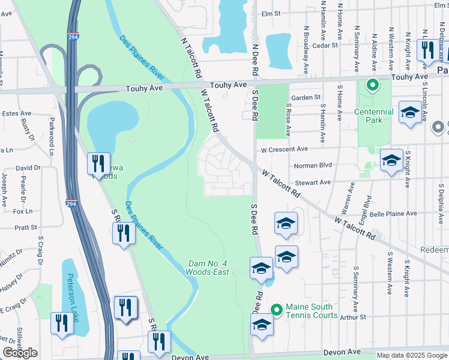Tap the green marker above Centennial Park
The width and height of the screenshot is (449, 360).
click(372, 85)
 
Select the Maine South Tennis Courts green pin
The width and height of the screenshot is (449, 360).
click(276, 310)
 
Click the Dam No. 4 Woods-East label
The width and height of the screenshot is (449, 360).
click(209, 268)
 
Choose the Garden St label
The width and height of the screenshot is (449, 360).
click(306, 97)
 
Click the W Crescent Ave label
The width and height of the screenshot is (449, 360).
click(284, 149)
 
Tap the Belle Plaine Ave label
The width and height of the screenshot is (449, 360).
click(394, 213)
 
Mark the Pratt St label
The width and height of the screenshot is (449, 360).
click(26, 228)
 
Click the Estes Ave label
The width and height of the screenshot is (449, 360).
click(17, 113)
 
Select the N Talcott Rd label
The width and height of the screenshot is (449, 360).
click(190, 58)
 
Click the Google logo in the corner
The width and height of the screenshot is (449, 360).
click(20, 353)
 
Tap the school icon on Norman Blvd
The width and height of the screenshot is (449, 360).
click(391, 161)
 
